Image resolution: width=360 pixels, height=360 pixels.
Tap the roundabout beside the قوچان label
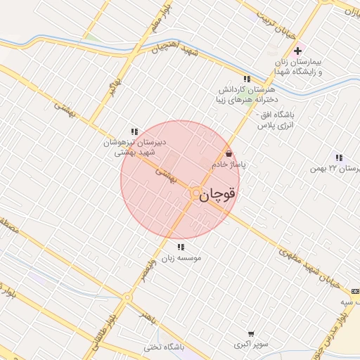coord(194,195)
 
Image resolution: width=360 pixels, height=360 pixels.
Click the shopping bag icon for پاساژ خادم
coord(228,154)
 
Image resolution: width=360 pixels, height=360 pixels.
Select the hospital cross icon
coord(298,51)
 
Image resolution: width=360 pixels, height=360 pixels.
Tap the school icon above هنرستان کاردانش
coord(246,79)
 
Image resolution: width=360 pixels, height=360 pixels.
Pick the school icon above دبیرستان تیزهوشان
coord(134,131)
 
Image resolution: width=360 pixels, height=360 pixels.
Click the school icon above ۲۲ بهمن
coord(340,158)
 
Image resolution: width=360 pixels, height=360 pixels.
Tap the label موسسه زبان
coord(182,259)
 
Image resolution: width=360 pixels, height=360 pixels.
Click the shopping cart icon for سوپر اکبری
coord(251,334)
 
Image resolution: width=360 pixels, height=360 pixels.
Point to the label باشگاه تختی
coord(163,347)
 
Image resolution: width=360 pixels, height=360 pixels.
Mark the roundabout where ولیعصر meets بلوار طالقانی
coord(127,298)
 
